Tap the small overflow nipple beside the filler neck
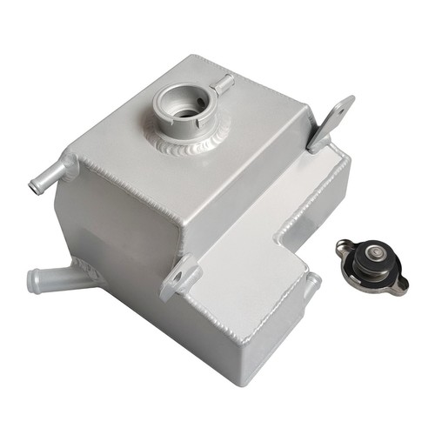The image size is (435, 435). pyautogui.click(x=225, y=84)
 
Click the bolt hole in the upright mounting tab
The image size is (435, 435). pyautogui.click(x=339, y=110)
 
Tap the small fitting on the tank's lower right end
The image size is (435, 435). pyautogui.click(x=311, y=288)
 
